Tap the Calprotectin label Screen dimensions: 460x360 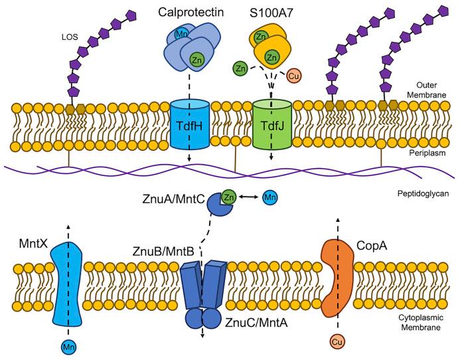191,12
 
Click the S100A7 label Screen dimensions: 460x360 271,13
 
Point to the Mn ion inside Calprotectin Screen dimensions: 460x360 181,35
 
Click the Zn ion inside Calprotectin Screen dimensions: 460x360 196,60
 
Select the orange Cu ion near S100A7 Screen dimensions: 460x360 293,76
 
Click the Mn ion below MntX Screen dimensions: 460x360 69,347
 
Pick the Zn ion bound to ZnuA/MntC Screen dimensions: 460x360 229,197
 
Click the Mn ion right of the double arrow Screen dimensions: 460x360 270,197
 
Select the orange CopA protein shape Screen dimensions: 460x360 337,278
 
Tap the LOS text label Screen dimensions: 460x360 70,37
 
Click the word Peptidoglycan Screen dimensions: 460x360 423,194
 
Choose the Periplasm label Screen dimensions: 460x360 428,153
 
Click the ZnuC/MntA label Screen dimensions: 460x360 256,323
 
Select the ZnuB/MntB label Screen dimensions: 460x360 163,251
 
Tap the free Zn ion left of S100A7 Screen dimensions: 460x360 240,68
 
